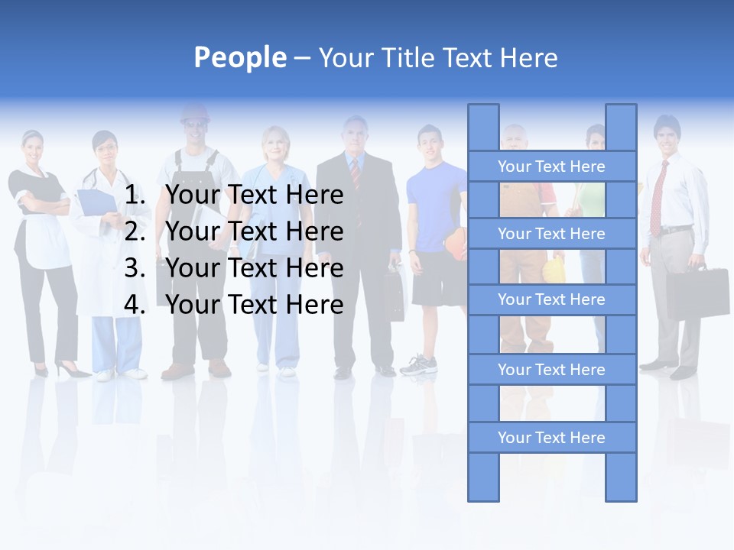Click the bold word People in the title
239,57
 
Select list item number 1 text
254,196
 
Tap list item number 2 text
254,231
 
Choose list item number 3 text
254,268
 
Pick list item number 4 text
254,305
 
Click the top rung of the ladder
551,167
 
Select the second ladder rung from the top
551,234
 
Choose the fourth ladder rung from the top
551,370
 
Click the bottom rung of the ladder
551,438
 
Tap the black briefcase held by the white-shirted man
697,291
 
